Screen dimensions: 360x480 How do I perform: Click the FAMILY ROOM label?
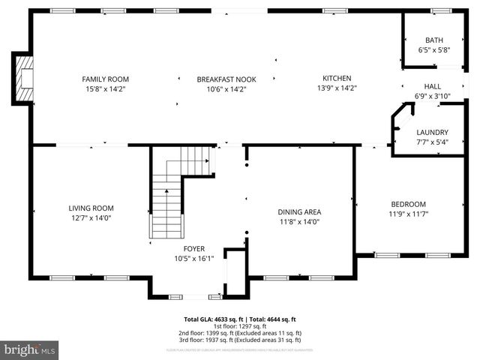click(x=105, y=79)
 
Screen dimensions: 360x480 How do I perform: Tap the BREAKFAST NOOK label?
click(x=221, y=79)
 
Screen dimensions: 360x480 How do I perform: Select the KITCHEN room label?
click(x=337, y=78)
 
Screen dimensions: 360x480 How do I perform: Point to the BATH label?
click(x=434, y=40)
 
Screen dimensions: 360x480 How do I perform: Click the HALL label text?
click(x=433, y=86)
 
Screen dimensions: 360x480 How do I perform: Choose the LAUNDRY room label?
click(x=432, y=132)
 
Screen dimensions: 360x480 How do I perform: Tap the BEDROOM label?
click(x=408, y=204)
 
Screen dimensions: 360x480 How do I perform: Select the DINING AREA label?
click(x=299, y=211)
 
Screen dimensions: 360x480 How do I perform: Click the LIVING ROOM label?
click(x=91, y=208)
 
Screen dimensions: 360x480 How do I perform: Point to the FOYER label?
click(x=194, y=249)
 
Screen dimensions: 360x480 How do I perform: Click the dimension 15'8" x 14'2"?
click(x=105, y=88)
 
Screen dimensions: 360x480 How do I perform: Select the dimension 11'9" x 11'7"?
click(x=408, y=214)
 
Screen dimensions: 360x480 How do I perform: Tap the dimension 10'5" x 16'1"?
click(x=194, y=259)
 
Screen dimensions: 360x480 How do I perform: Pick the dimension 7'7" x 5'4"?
click(x=432, y=142)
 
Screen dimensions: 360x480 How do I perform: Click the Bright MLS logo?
click(x=30, y=349)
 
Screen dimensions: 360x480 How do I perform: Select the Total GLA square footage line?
click(x=240, y=319)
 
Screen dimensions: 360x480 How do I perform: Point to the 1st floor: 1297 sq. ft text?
click(x=240, y=325)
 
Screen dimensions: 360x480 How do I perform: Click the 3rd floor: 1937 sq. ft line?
click(x=240, y=340)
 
